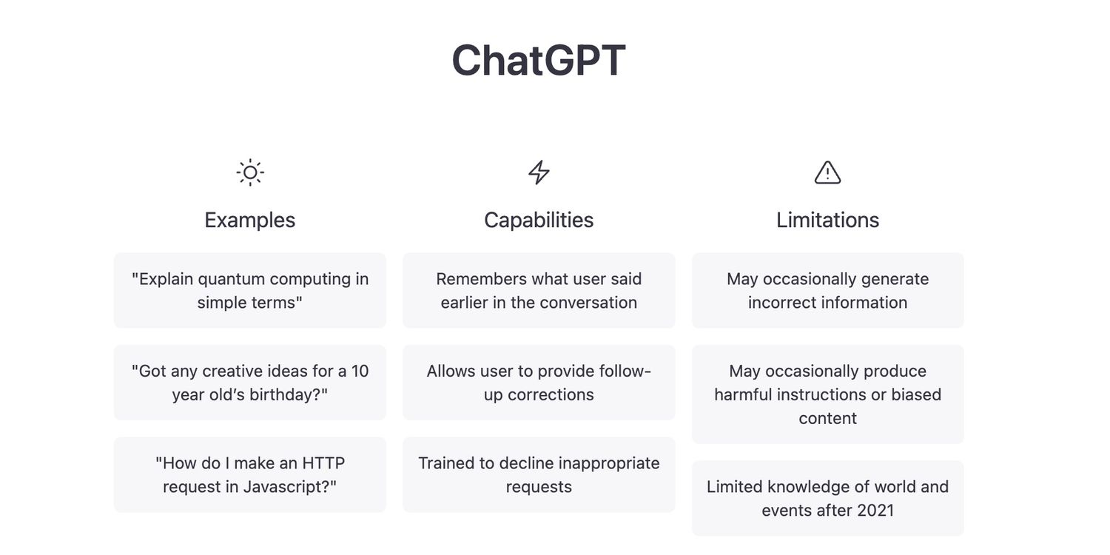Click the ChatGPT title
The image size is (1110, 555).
(539, 61)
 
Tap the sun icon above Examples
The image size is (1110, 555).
(250, 172)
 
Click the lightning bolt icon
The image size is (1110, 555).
(539, 172)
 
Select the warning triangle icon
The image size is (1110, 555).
(827, 172)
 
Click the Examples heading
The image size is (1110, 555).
(250, 220)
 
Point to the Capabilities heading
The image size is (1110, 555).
(539, 220)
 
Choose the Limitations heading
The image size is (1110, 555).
(827, 220)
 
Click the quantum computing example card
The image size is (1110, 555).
(250, 290)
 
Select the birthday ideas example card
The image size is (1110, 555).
(250, 383)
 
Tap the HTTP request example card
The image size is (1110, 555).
(250, 475)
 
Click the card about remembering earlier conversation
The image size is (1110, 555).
(539, 290)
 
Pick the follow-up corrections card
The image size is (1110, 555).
(539, 383)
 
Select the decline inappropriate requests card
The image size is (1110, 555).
(539, 475)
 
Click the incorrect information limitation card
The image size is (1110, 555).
(827, 290)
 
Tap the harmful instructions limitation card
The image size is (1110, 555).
(827, 394)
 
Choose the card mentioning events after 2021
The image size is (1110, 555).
(827, 498)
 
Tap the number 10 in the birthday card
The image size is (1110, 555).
(360, 371)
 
